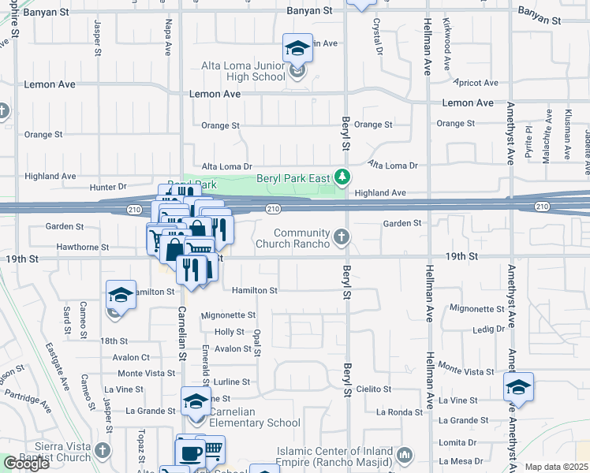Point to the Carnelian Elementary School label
(x=250, y=417)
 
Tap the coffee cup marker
(x=190, y=453)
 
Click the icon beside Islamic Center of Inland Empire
(x=405, y=455)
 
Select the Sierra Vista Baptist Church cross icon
(x=102, y=451)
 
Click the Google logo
(x=26, y=464)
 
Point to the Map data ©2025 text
(x=557, y=467)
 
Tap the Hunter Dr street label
(x=108, y=187)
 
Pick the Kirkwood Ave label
(x=446, y=35)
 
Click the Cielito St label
(x=374, y=389)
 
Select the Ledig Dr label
(x=488, y=329)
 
